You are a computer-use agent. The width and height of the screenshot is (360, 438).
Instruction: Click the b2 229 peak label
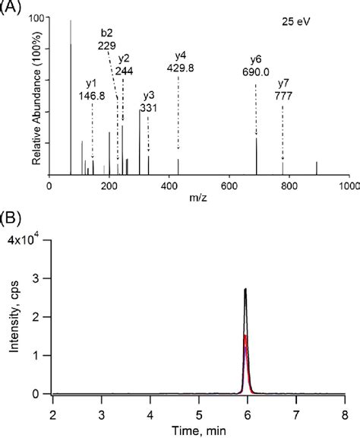106,40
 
